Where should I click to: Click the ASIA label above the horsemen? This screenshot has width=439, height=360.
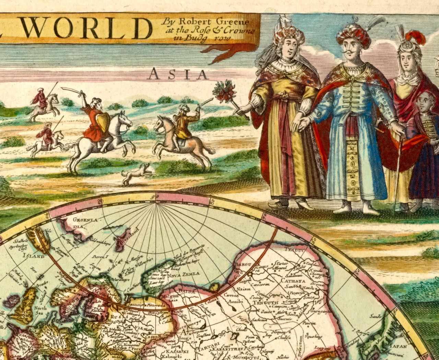(x=179, y=74)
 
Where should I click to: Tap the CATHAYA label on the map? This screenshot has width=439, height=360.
(x=293, y=281)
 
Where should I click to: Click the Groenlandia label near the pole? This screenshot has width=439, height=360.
(x=79, y=223)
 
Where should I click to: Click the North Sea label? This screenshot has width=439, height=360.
(x=40, y=310)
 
